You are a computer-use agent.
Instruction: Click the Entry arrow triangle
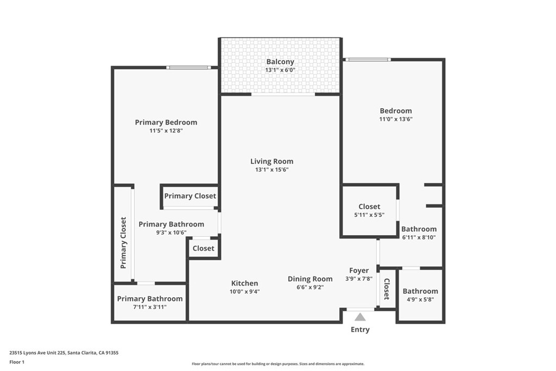coord(360,317)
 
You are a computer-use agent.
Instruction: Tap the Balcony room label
coord(280,61)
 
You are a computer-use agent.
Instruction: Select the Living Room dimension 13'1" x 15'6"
coord(271,170)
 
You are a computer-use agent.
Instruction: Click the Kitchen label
coord(244,283)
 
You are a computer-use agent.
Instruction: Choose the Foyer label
coord(359,271)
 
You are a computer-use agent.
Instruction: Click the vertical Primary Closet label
coord(124,243)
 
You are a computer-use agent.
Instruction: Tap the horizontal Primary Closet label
coord(190,196)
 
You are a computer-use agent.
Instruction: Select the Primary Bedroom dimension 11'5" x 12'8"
coord(166,131)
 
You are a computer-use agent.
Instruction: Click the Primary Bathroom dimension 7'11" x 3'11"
coord(149,307)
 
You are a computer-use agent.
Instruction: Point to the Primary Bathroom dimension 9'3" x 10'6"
coord(171,232)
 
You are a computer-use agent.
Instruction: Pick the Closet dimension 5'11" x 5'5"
coord(369,215)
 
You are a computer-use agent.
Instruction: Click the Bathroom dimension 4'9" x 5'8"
coord(420,299)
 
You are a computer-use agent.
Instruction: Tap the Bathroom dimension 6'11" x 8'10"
coord(419,237)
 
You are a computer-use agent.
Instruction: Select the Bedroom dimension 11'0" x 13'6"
coord(395,120)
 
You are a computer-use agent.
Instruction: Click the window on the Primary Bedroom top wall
coord(188,67)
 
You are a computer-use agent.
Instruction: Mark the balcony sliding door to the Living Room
coord(283,94)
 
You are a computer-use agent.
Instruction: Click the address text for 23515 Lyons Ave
coord(64,353)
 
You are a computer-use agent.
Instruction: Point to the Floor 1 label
coord(18,361)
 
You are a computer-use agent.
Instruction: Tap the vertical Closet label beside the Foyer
coord(387,289)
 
